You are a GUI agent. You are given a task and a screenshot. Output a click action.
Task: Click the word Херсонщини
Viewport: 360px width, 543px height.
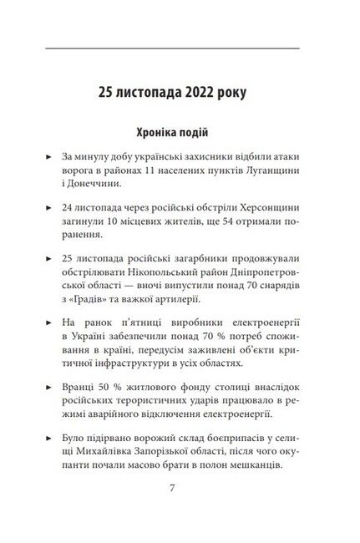pyautogui.click(x=271, y=211)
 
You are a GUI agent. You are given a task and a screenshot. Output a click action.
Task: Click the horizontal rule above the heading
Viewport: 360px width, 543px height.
pyautogui.click(x=179, y=48)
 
